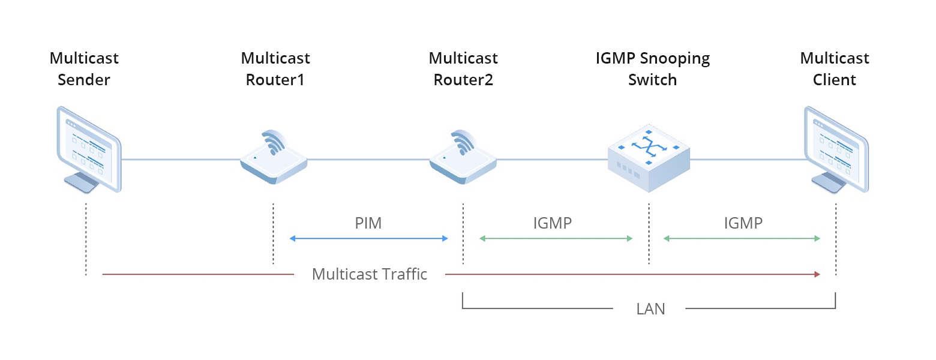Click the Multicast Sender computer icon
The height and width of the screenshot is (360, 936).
click(88, 149)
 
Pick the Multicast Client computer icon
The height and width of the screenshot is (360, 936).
click(836, 149)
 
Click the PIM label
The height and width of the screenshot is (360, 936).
click(368, 224)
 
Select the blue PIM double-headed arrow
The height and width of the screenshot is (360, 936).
click(368, 239)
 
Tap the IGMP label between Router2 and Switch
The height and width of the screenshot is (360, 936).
click(553, 224)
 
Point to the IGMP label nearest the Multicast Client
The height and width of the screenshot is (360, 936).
click(743, 224)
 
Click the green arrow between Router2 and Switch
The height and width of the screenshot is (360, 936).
click(556, 239)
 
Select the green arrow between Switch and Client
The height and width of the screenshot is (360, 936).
click(742, 239)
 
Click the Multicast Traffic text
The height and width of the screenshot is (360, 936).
click(369, 274)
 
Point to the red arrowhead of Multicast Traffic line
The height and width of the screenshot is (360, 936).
click(817, 274)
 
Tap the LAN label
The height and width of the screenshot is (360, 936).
click(650, 310)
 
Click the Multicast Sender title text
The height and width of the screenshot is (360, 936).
click(84, 69)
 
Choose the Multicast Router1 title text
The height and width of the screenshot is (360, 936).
click(275, 69)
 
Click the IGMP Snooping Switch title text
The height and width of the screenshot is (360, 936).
click(652, 69)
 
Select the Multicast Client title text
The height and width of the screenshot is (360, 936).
click(835, 69)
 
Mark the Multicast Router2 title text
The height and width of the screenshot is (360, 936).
click(463, 69)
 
